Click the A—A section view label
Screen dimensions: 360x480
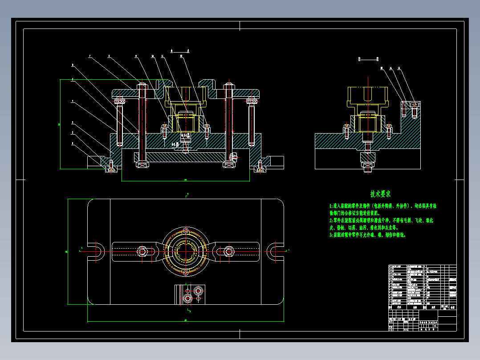coord(180,51)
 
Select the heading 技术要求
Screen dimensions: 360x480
coord(380,194)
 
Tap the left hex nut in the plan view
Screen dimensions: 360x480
coord(142,251)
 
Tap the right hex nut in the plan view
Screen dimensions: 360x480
coord(229,251)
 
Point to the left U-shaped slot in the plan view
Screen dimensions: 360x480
coord(96,251)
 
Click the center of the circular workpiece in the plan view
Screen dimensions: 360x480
coord(185,251)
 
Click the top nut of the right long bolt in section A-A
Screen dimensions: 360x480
coord(229,85)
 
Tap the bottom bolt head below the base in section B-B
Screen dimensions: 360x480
coord(368,167)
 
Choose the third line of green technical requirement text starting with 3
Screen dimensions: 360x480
coord(367,234)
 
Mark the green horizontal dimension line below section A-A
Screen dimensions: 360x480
coord(185,181)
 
